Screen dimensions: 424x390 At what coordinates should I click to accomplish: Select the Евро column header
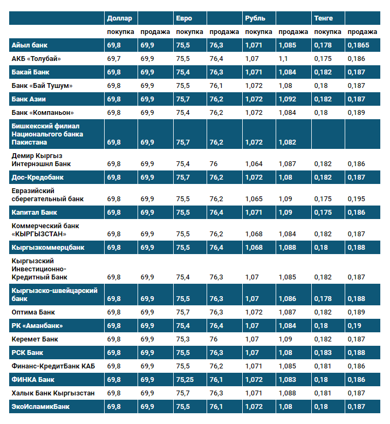pos(183,18)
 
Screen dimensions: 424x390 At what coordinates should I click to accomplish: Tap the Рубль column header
pos(255,18)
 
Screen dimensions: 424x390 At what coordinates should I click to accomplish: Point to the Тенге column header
pos(323,18)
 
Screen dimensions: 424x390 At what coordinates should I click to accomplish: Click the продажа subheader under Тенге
pos(361,32)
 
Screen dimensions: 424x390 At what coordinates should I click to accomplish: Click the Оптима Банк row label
pos(33,312)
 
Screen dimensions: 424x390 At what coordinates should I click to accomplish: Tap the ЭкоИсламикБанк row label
pos(40,407)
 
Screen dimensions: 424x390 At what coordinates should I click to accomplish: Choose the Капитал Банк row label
pos(35,213)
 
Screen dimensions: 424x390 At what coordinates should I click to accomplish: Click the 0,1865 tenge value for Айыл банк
pos(358,45)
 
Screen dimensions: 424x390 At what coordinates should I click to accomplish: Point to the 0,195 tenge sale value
pos(357,199)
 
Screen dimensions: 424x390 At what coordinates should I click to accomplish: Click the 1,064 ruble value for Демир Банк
pos(254,164)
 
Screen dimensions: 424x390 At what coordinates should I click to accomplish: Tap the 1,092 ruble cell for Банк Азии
pos(288,99)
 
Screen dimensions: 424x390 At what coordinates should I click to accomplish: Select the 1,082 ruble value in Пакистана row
pos(288,142)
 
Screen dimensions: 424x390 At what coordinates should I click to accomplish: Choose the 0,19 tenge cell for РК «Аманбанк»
pos(354,326)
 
